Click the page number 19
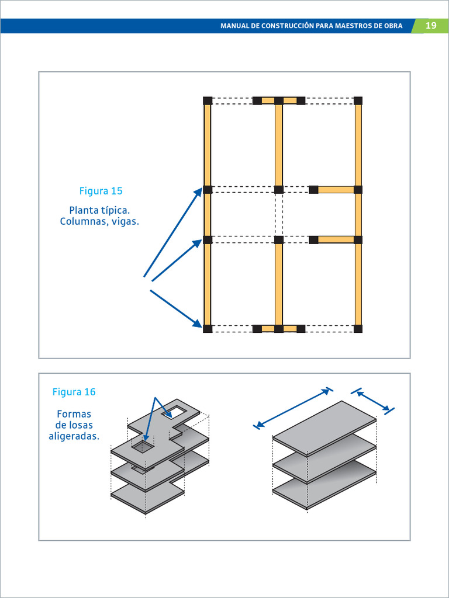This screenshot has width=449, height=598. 431,26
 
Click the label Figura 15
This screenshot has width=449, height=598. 101,191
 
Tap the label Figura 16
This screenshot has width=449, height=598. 74,392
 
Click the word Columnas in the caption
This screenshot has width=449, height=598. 82,222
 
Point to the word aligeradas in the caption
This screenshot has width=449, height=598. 74,436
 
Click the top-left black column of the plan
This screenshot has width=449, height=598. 208,100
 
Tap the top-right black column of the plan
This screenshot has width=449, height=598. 358,100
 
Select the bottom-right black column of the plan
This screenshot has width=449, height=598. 358,329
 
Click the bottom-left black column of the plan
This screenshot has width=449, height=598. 208,329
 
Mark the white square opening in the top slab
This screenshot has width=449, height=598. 175,413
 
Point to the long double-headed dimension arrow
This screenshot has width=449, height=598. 294,408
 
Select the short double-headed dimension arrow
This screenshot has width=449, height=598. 373,400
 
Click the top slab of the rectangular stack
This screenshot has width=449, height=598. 325,427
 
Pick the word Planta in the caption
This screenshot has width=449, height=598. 84,210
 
